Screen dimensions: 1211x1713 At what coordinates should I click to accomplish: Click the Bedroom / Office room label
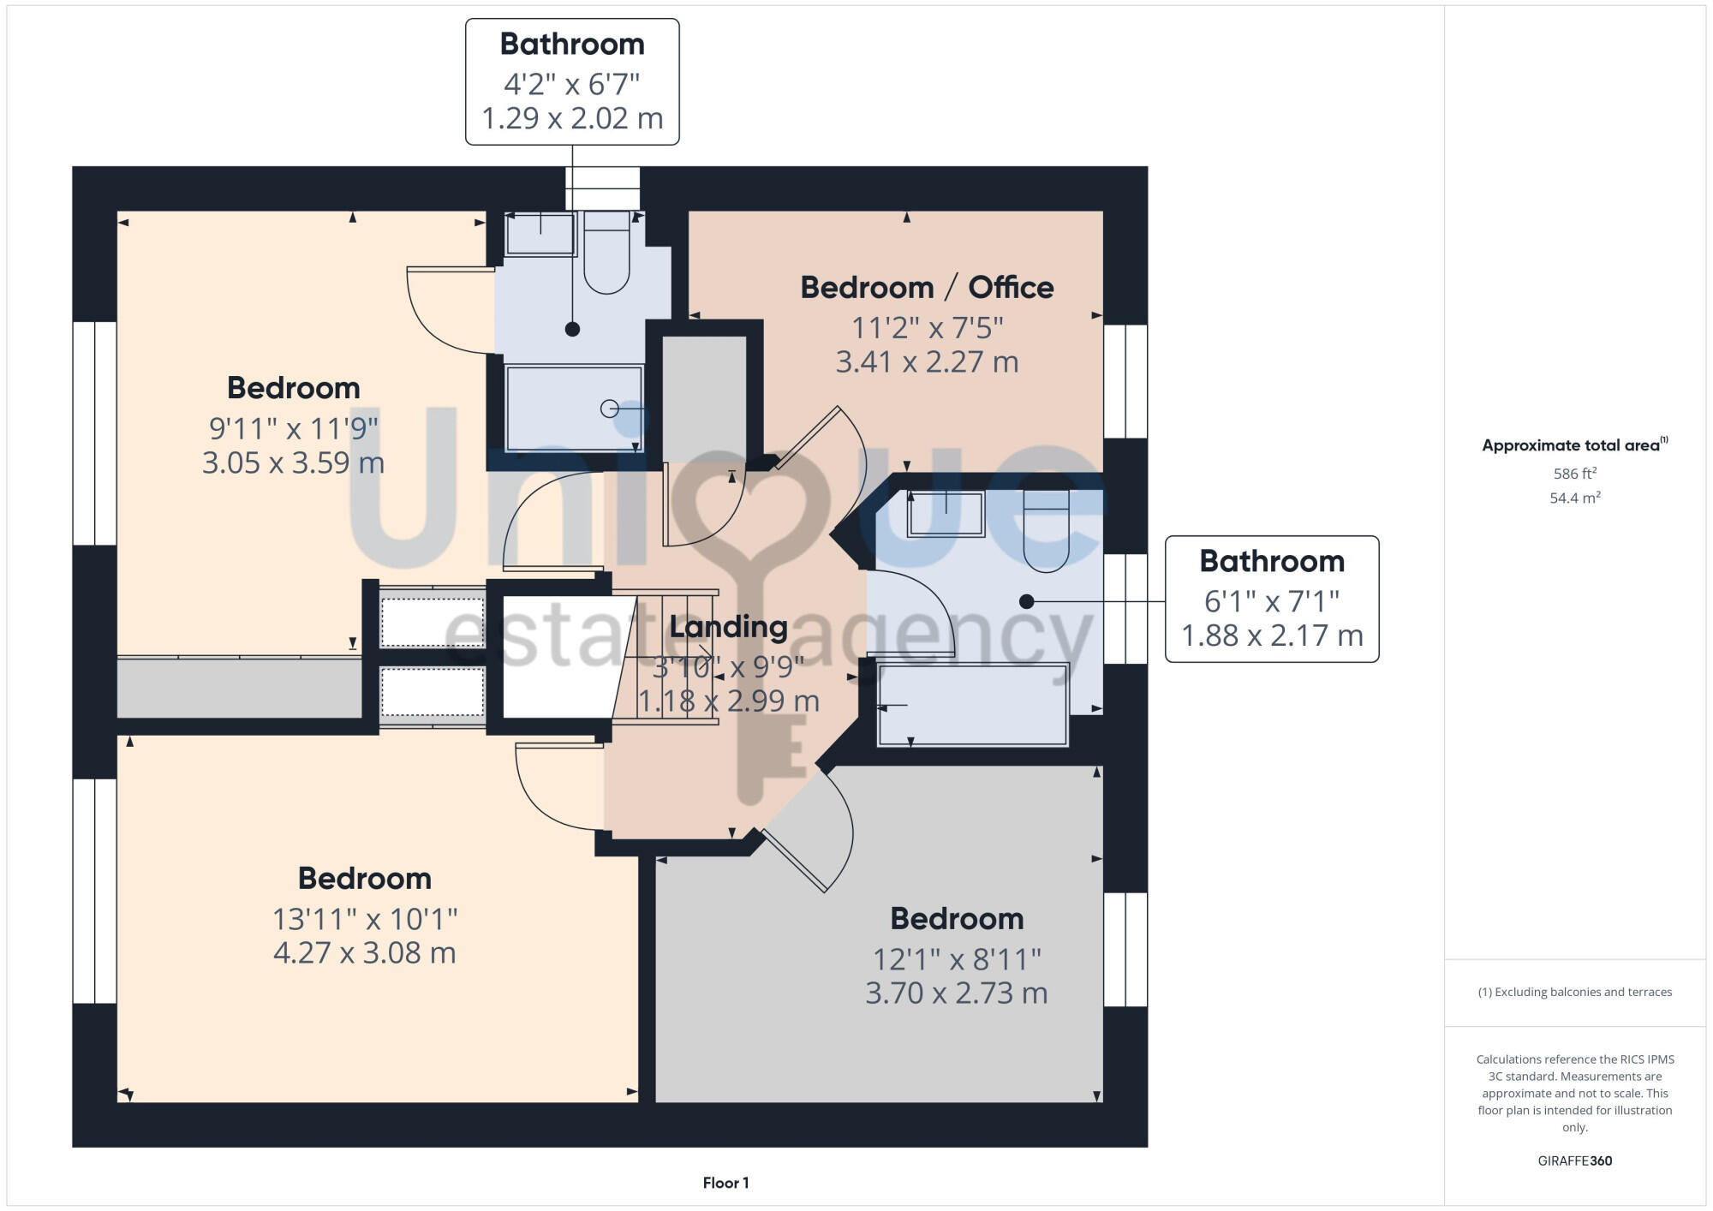click(927, 288)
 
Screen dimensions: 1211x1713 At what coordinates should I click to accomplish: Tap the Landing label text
click(728, 627)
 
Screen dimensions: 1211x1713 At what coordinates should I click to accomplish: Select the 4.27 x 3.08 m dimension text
click(364, 952)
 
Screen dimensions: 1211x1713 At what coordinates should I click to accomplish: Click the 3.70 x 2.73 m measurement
click(956, 993)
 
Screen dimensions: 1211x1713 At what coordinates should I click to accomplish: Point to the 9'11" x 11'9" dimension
click(293, 427)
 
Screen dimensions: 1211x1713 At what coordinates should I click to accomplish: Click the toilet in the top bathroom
click(606, 254)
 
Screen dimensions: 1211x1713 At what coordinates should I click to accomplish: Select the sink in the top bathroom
click(540, 234)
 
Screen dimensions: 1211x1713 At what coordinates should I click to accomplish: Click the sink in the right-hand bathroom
click(946, 513)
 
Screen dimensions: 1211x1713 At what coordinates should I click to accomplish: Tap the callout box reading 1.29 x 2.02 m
click(572, 82)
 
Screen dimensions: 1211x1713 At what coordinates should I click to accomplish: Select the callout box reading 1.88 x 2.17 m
click(1272, 600)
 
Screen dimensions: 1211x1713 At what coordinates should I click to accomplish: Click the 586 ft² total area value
click(1574, 474)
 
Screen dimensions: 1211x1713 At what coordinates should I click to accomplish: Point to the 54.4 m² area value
click(1574, 498)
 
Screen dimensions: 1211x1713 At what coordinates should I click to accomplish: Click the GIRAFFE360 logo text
click(1574, 1161)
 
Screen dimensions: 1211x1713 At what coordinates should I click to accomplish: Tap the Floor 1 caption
click(725, 1183)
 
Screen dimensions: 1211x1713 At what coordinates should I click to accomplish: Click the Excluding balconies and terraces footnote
click(1574, 992)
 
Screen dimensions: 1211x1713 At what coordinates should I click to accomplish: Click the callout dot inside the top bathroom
click(572, 329)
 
